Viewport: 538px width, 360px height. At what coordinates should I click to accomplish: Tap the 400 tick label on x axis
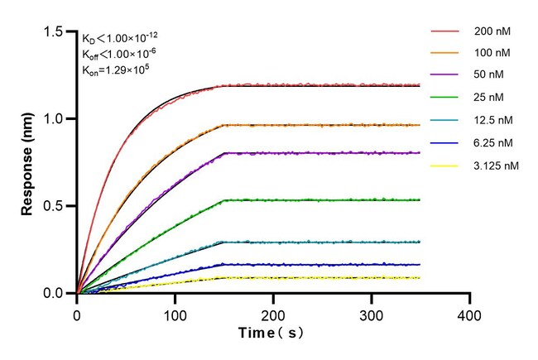click(470, 315)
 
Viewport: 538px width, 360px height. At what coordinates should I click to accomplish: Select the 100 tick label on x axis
click(175, 315)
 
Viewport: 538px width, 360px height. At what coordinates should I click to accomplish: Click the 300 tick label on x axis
click(372, 315)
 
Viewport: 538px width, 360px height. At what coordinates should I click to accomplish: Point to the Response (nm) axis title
click(28, 162)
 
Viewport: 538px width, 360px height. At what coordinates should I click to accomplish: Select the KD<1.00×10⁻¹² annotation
click(121, 38)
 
